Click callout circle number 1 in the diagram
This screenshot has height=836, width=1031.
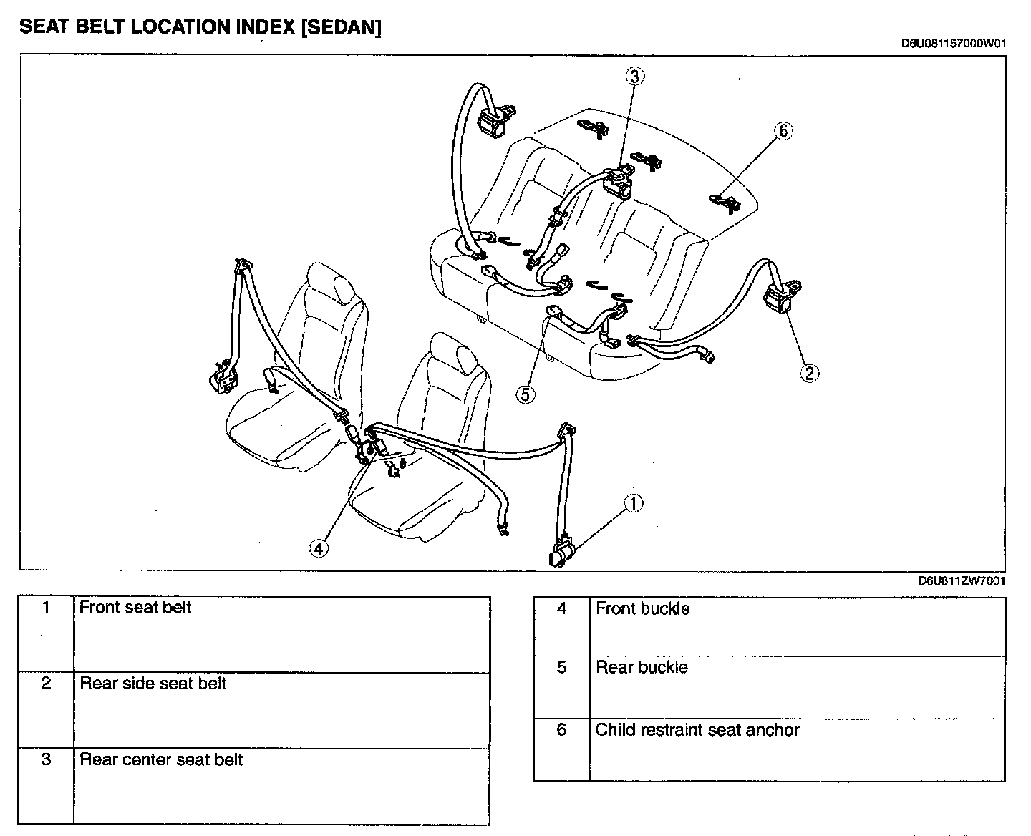(634, 504)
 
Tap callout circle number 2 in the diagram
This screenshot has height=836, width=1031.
(810, 373)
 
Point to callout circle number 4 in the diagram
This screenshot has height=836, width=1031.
(319, 548)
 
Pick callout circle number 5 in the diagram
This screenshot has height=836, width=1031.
(526, 394)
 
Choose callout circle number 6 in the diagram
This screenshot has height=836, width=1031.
(783, 131)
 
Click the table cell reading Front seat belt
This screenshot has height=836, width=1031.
(135, 608)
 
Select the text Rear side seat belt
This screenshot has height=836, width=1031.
(153, 684)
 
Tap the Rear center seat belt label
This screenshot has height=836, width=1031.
(161, 759)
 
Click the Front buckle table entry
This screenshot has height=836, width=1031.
(642, 608)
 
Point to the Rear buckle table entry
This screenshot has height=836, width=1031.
(642, 668)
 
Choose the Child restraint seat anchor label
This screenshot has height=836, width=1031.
(697, 730)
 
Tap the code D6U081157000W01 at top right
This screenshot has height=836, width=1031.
(954, 44)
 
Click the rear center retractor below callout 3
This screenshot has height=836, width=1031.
(617, 180)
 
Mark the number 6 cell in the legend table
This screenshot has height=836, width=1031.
(561, 730)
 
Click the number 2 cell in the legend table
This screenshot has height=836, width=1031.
(46, 684)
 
